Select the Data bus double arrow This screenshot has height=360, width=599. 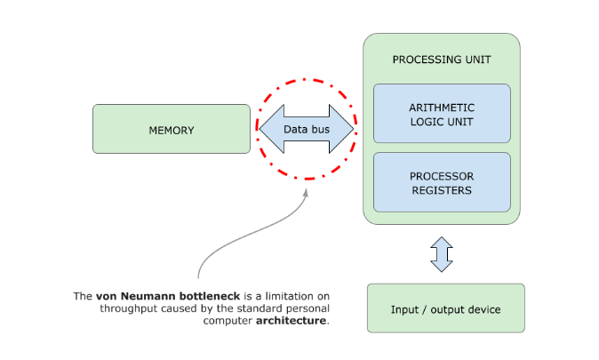[x=306, y=129]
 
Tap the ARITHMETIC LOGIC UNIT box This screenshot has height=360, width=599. [x=442, y=113]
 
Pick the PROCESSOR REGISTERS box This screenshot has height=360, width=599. [x=442, y=182]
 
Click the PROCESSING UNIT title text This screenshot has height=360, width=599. [x=442, y=60]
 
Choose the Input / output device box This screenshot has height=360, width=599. [x=445, y=308]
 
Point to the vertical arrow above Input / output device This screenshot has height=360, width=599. [x=442, y=253]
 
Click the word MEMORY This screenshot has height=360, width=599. [x=172, y=131]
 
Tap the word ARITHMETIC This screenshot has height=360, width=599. [x=442, y=107]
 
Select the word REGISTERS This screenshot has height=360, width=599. [x=442, y=189]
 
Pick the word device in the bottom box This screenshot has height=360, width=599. [x=482, y=309]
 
